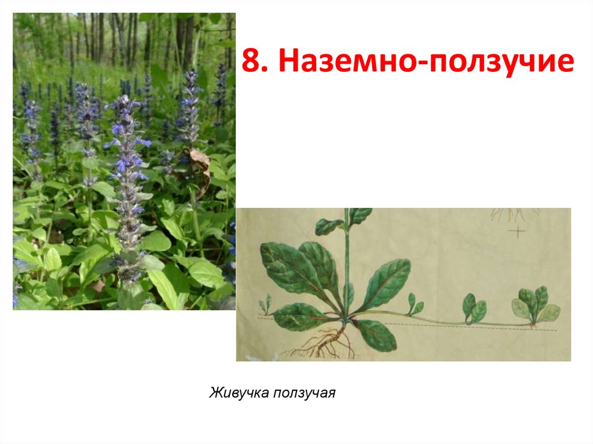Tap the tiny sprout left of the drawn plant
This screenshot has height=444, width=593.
pyautogui.click(x=266, y=304)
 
